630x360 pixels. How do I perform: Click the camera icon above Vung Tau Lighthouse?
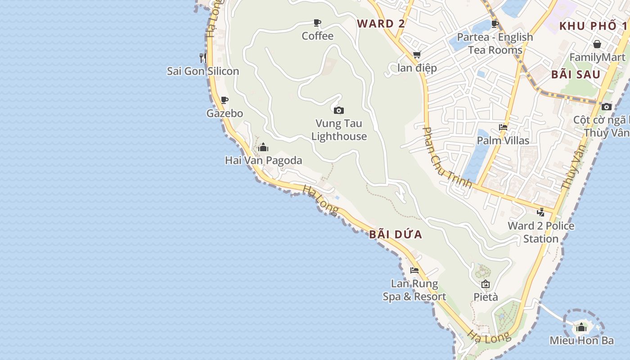[x=339, y=110]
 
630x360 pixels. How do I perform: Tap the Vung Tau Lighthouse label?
[x=339, y=130]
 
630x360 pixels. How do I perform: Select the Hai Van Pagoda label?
[x=263, y=160]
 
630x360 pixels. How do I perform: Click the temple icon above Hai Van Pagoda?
[x=263, y=147]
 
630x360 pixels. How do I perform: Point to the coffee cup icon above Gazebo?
[x=224, y=100]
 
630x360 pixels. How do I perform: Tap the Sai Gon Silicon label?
[x=203, y=71]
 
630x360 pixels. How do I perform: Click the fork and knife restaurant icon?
[x=203, y=58]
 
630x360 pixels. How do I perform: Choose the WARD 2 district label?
[x=381, y=24]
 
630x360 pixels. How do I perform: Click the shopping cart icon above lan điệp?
[x=417, y=55]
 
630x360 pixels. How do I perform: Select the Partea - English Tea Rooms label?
[x=495, y=43]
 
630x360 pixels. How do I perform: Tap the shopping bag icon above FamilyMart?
[x=597, y=44]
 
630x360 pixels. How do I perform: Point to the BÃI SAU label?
[x=576, y=75]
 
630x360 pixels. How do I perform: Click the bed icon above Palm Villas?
[x=503, y=127]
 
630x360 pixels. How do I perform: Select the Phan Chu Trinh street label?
[x=447, y=157]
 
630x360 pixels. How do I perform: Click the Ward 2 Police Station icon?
[x=541, y=212]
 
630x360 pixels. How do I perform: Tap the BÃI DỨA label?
[x=396, y=234]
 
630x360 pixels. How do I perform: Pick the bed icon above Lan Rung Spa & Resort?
[x=414, y=270]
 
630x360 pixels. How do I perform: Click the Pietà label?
[x=486, y=297]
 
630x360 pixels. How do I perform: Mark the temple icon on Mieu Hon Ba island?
[x=581, y=327]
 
